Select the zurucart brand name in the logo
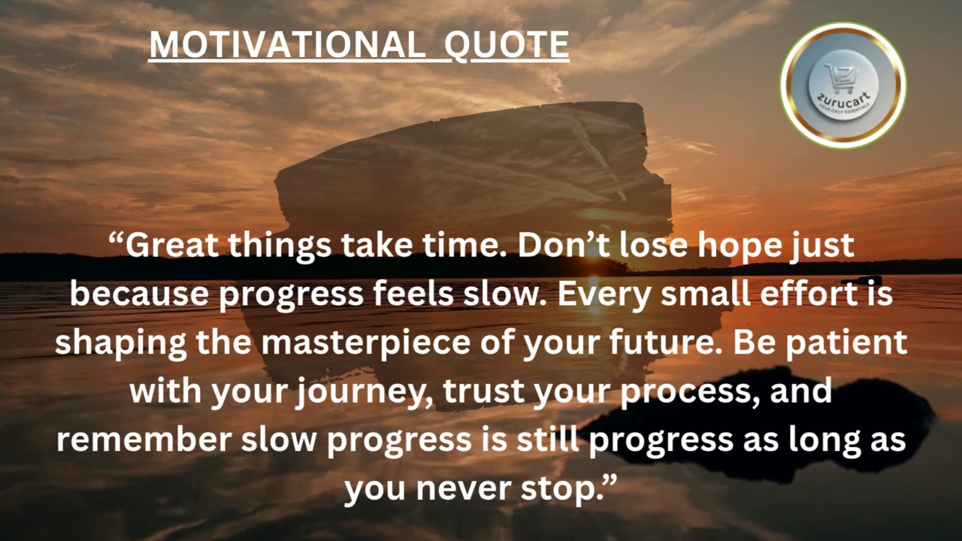click(x=843, y=97)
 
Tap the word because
click(x=139, y=294)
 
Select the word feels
click(x=411, y=294)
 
